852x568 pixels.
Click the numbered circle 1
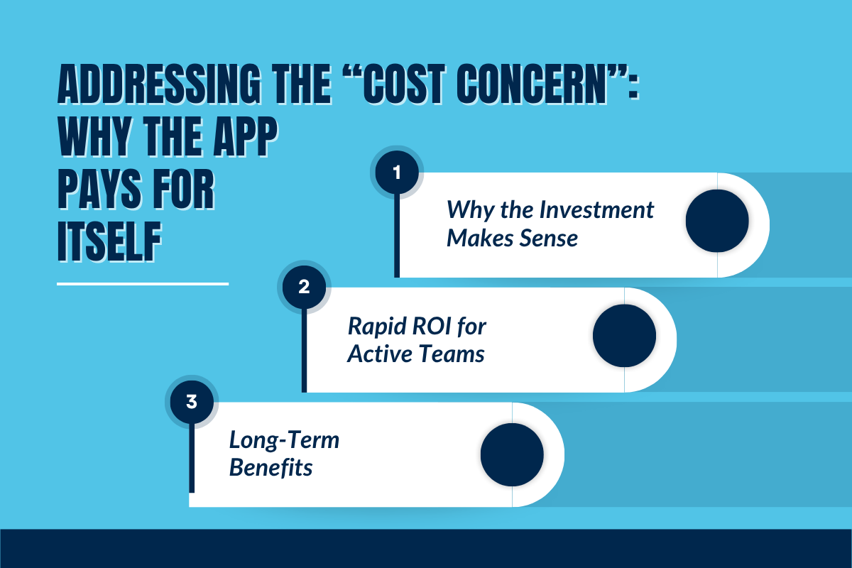(x=397, y=173)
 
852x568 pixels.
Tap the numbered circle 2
(x=304, y=288)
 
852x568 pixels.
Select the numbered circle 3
(x=191, y=403)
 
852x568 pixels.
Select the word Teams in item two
(x=454, y=353)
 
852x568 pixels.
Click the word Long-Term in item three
(x=284, y=440)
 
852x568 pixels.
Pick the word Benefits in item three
(x=271, y=468)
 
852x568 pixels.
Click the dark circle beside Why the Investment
(x=717, y=221)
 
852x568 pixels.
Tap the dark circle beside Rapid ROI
(x=624, y=336)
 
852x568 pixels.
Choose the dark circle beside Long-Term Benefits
(x=512, y=455)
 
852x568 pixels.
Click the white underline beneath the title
(x=143, y=283)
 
